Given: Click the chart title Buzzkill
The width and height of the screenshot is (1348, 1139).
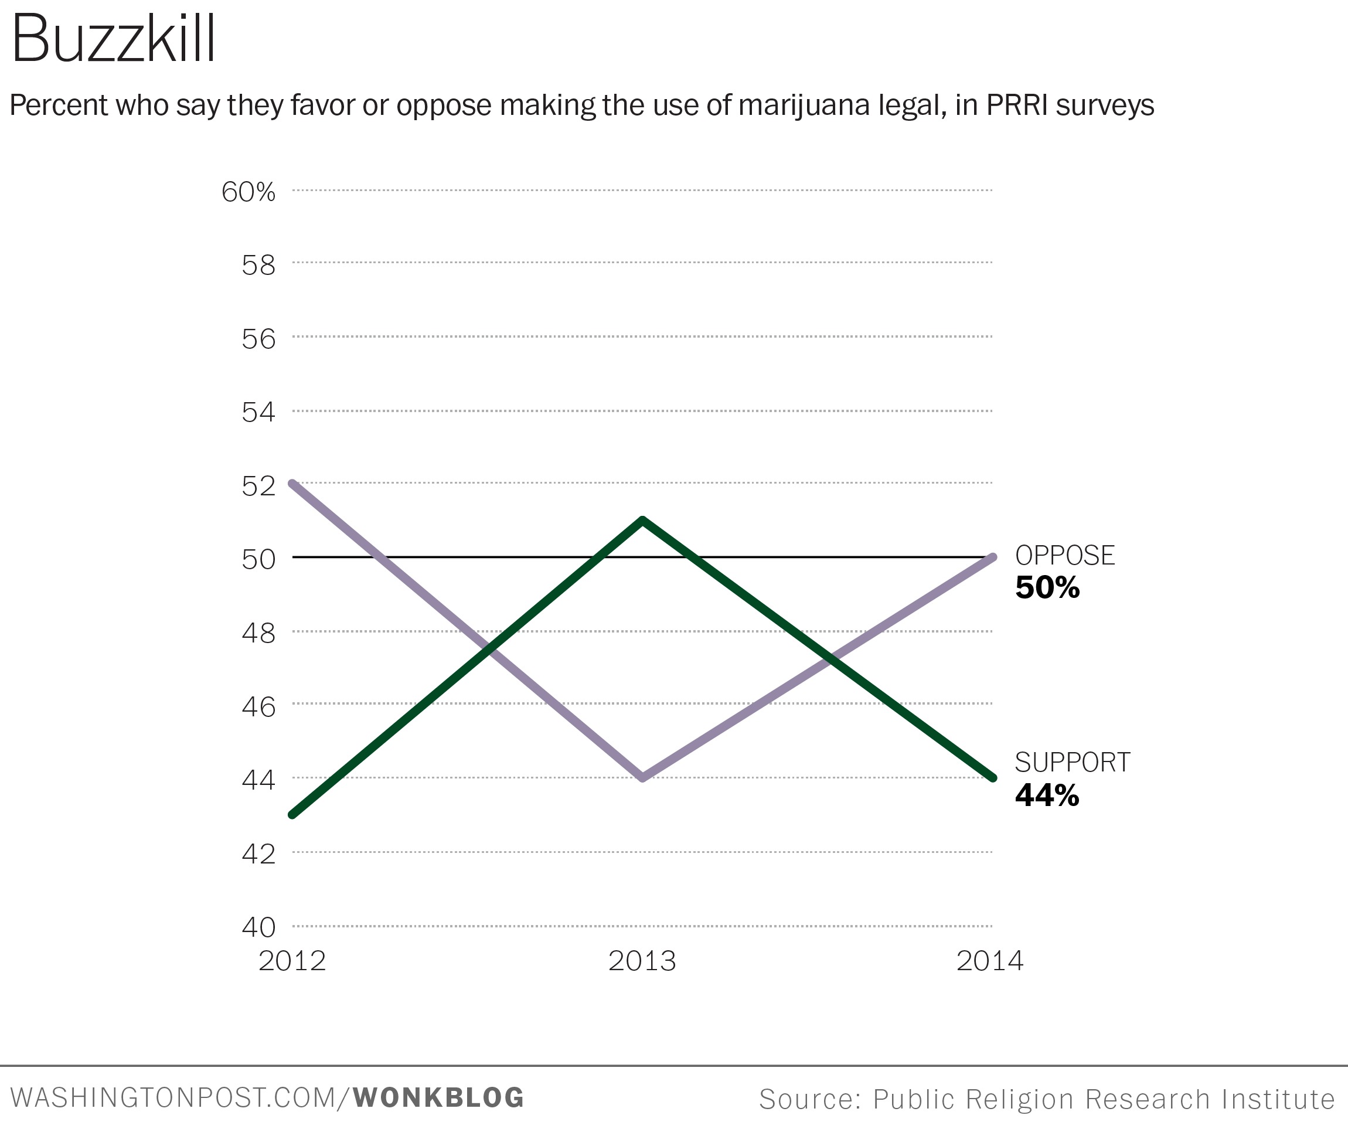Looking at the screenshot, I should click(114, 40).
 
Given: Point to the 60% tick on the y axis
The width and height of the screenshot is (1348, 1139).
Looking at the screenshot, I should click(249, 192).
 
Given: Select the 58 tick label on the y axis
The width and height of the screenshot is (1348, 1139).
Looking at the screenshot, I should click(258, 266).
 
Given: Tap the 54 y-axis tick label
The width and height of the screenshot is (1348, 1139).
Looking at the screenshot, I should click(258, 412).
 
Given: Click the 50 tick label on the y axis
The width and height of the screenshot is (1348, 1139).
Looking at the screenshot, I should click(258, 559).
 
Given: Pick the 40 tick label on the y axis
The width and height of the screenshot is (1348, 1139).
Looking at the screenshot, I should click(258, 927).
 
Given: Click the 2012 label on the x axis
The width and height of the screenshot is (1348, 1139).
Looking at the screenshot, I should click(292, 961).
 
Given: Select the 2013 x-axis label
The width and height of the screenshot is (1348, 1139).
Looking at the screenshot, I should click(642, 961).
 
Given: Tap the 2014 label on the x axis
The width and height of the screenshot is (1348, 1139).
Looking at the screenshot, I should click(990, 961).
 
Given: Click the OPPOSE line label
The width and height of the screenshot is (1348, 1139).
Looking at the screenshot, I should click(1064, 556).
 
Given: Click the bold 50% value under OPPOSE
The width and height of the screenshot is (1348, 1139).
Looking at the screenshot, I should click(1047, 587).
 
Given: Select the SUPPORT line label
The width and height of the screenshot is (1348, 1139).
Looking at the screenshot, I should click(1073, 763).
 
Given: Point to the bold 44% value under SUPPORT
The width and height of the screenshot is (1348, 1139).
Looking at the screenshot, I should click(1047, 795).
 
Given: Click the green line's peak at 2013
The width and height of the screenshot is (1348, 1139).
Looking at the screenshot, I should click(642, 521).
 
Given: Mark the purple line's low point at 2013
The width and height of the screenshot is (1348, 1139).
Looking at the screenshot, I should click(642, 777).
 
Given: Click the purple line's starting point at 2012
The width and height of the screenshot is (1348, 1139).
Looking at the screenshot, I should click(293, 484).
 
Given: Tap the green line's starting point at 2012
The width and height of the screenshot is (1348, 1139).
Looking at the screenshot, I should click(293, 814).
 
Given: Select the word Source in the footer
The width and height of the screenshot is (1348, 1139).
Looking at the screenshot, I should click(809, 1099).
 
